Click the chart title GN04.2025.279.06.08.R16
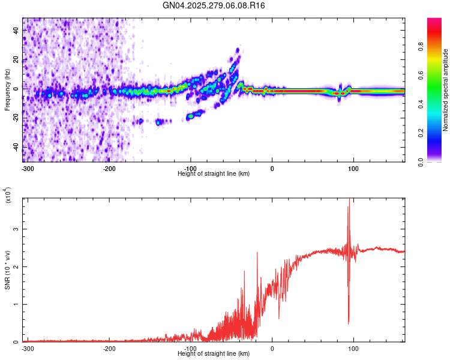pyautogui.click(x=214, y=5)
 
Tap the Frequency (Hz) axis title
pyautogui.click(x=7, y=90)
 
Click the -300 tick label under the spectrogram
pyautogui.click(x=27, y=168)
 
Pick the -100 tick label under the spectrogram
pyautogui.click(x=190, y=168)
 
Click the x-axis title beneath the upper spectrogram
pyautogui.click(x=214, y=174)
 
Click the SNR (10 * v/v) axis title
pyautogui.click(x=7, y=270)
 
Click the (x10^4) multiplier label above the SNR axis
pyautogui.click(x=7, y=195)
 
